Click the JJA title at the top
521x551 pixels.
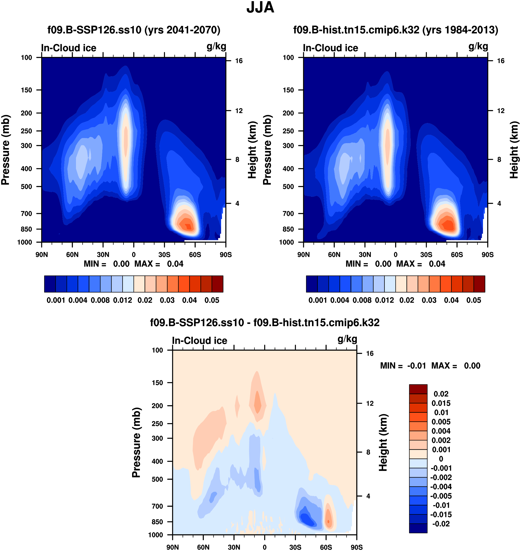point(260,7)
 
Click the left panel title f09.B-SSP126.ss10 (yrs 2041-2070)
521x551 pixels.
point(134,30)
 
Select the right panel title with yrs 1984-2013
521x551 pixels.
point(395,30)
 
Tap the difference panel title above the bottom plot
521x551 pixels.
point(265,323)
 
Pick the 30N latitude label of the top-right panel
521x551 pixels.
point(365,255)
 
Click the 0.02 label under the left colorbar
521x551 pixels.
point(145,300)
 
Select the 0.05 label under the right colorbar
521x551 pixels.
point(474,300)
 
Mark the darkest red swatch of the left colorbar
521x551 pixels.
point(218,284)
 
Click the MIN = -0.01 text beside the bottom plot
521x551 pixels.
point(403,366)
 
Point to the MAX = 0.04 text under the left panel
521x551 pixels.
point(159,264)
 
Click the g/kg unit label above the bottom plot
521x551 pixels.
point(347,339)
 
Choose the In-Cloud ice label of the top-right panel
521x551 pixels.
point(330,48)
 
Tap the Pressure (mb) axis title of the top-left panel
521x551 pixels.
point(6,150)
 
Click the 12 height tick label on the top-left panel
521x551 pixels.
point(239,111)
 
